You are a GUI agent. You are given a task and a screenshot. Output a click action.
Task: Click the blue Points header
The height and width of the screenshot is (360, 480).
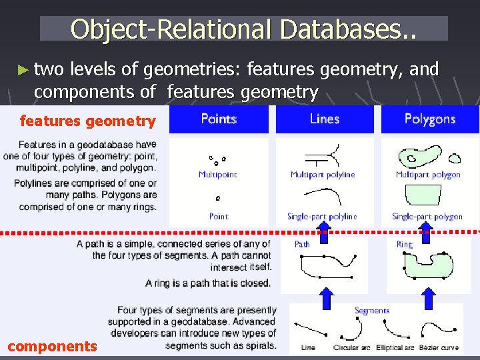click(219, 119)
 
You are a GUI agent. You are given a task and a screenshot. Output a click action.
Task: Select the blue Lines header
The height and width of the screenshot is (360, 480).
click(324, 119)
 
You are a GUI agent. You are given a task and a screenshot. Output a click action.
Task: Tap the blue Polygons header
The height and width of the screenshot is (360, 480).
click(429, 119)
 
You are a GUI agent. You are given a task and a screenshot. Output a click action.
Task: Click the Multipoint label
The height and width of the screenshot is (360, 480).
click(217, 175)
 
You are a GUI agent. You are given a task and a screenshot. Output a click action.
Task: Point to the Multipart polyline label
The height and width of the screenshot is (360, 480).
click(323, 175)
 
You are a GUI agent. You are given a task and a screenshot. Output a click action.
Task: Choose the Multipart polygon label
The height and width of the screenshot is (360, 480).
click(428, 175)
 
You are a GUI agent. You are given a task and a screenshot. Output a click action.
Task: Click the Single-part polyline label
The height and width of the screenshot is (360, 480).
click(322, 217)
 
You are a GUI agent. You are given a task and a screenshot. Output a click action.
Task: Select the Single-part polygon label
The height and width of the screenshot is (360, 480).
click(427, 217)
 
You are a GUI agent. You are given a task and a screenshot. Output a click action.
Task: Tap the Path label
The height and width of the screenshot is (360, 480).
click(302, 244)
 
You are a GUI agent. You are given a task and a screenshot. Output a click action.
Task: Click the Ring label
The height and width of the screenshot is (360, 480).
click(404, 244)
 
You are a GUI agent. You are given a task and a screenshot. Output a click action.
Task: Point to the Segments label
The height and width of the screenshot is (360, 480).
click(372, 310)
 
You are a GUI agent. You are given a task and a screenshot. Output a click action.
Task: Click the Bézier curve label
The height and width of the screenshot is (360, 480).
click(439, 347)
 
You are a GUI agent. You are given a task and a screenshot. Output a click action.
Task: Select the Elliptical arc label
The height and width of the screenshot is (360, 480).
click(396, 347)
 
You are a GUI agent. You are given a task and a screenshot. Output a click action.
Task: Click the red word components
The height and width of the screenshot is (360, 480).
click(52, 346)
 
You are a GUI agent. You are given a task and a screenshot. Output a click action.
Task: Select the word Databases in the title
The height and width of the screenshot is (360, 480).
click(347, 29)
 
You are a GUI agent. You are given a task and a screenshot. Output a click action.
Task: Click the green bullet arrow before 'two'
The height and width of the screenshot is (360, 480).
click(24, 69)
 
